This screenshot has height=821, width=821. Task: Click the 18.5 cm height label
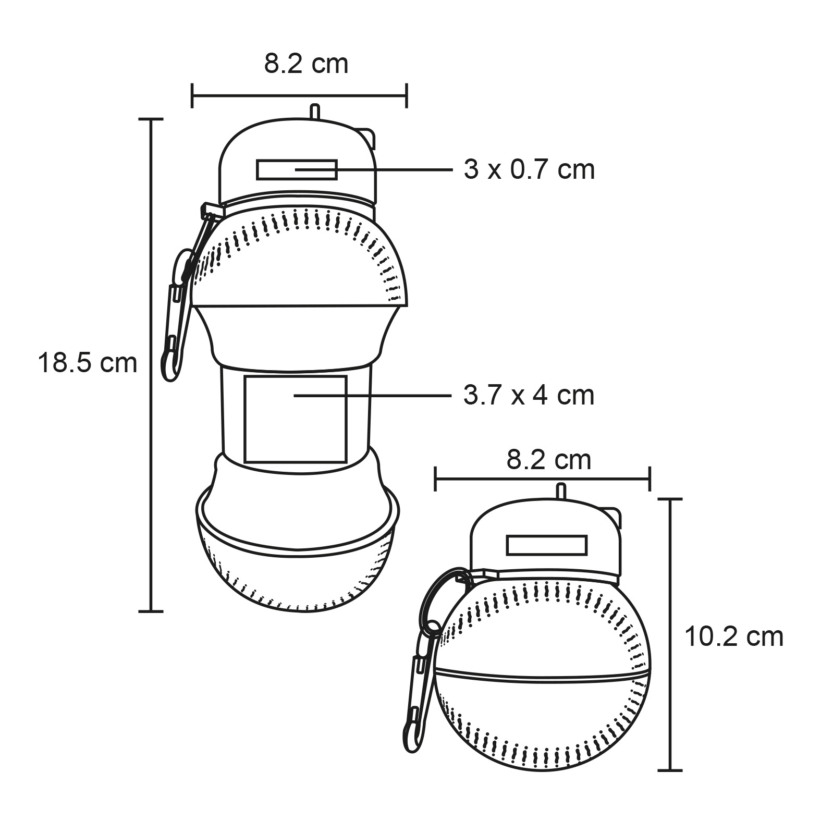click(87, 363)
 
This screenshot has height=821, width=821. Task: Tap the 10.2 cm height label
click(733, 636)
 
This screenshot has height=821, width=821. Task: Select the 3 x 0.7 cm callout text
click(529, 170)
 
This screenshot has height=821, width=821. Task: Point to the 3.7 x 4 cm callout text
click(529, 396)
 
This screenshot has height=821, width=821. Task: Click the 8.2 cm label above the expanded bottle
click(306, 64)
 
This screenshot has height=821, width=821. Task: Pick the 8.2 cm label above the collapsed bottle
click(549, 460)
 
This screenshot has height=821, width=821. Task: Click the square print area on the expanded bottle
click(296, 419)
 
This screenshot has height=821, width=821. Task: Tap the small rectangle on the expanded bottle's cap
click(296, 169)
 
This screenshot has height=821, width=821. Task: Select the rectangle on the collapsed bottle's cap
click(547, 545)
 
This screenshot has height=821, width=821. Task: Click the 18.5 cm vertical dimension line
click(152, 365)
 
